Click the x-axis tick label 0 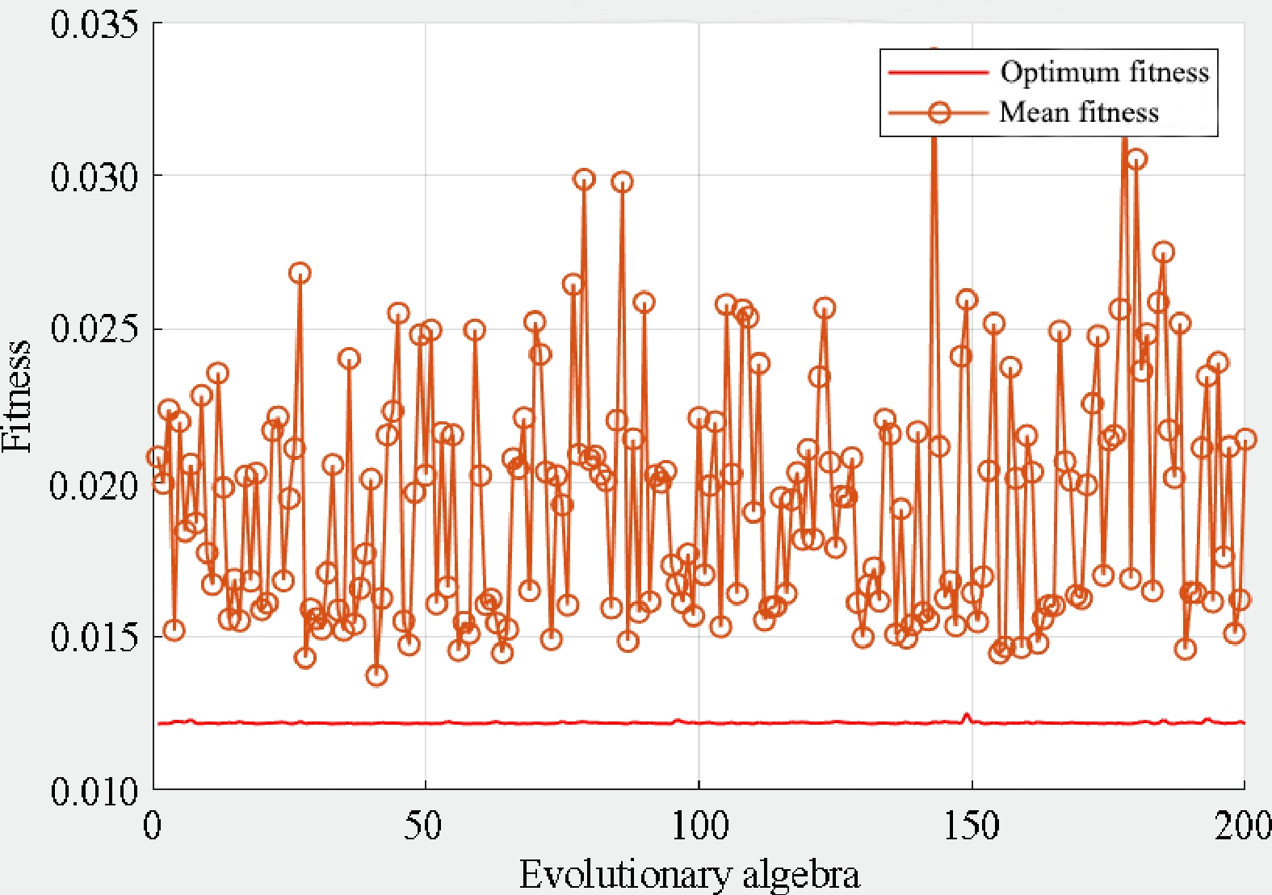pos(153,825)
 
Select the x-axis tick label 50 pos(423,825)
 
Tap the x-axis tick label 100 pos(699,825)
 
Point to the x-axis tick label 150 pos(972,825)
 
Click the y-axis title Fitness pos(18,395)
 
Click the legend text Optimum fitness pos(1104,72)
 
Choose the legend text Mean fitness pos(1079,111)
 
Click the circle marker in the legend pos(938,111)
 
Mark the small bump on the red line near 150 pos(965,716)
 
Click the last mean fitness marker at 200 pos(1245,439)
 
